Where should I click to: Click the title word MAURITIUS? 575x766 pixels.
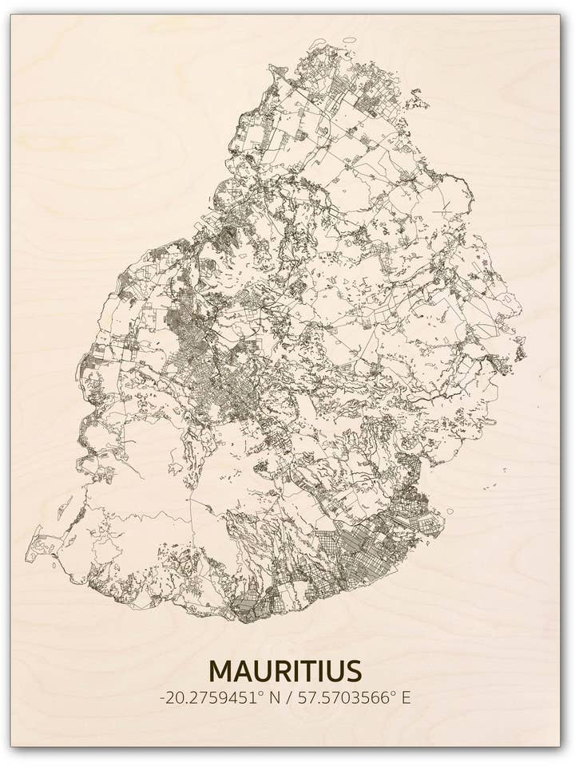[285, 669]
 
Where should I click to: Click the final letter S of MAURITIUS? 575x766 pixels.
[352, 669]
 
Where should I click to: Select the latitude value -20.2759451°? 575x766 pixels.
[211, 697]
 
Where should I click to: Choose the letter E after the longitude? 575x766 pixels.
[406, 697]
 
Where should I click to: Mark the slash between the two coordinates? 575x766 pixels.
[288, 697]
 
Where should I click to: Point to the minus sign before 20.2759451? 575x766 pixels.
[163, 698]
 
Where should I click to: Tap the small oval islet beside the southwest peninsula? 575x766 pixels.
[54, 566]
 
